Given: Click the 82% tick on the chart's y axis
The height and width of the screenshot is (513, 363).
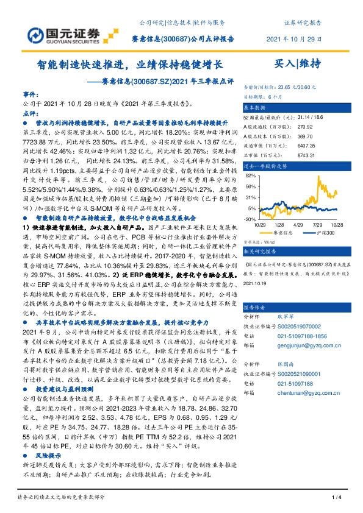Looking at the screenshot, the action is (x=249, y=175).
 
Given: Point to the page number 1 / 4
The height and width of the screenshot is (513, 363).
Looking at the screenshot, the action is (x=335, y=498).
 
